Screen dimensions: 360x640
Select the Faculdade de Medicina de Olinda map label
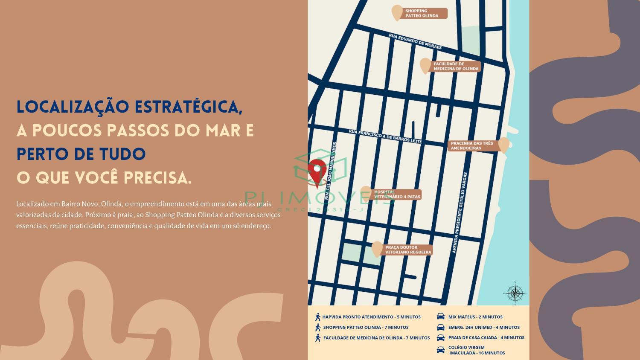pyautogui.click(x=456, y=66)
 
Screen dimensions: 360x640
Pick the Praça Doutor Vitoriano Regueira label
pyautogui.click(x=408, y=250)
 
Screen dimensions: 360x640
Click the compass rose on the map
pyautogui.click(x=515, y=293)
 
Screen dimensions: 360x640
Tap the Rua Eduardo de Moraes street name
pyautogui.click(x=415, y=42)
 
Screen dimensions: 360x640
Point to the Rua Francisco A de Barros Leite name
pyautogui.click(x=385, y=136)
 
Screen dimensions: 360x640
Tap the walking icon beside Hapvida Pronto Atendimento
pyautogui.click(x=317, y=317)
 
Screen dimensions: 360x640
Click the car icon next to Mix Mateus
pyautogui.click(x=440, y=316)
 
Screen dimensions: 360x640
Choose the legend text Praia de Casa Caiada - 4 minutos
pyautogui.click(x=486, y=337)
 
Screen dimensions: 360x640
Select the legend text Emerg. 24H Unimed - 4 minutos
pyautogui.click(x=484, y=327)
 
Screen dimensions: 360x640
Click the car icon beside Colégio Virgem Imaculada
pyautogui.click(x=440, y=350)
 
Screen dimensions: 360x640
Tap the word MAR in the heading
pyautogui.click(x=223, y=130)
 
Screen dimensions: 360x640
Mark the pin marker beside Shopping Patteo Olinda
pyautogui.click(x=397, y=12)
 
